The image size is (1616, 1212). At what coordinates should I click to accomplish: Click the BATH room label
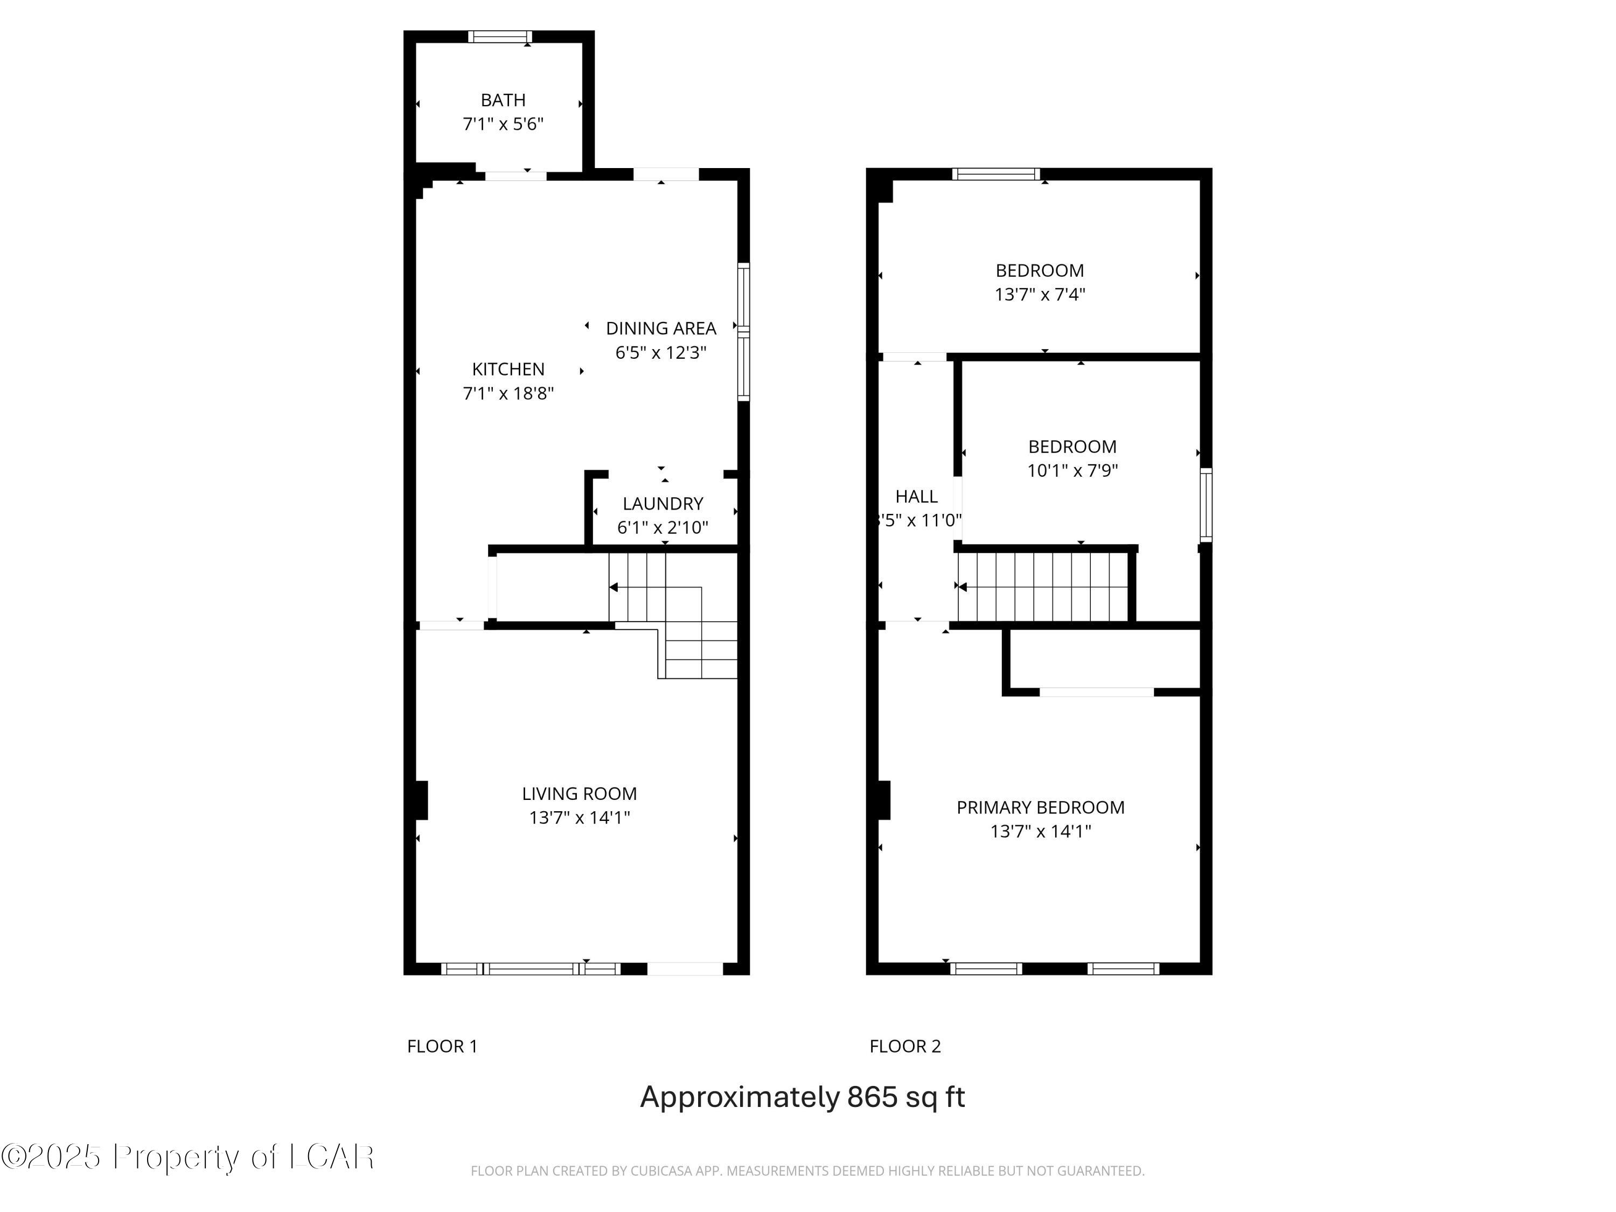pyautogui.click(x=503, y=100)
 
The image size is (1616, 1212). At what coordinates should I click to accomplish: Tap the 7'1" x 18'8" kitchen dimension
pyautogui.click(x=508, y=394)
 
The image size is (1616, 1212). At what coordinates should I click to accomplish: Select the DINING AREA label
pyautogui.click(x=660, y=329)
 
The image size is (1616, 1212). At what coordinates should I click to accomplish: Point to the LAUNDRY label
pyautogui.click(x=663, y=503)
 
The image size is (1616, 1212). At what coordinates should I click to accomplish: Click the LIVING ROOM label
pyautogui.click(x=579, y=793)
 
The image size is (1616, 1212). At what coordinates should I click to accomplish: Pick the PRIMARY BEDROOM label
pyautogui.click(x=1040, y=807)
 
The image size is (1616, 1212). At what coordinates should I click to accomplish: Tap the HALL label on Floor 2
pyautogui.click(x=916, y=497)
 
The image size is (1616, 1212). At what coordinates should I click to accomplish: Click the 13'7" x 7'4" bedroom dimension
pyautogui.click(x=1039, y=295)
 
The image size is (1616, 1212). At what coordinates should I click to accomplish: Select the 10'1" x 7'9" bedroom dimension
pyautogui.click(x=1072, y=470)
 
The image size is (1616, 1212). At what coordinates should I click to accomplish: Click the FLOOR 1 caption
pyautogui.click(x=442, y=1046)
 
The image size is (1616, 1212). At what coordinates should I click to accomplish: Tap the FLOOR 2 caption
pyautogui.click(x=904, y=1046)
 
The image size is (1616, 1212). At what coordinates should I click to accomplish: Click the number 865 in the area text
pyautogui.click(x=872, y=1097)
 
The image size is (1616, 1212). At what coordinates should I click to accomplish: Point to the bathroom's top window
pyautogui.click(x=500, y=37)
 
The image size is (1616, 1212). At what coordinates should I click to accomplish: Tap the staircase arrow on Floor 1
pyautogui.click(x=614, y=587)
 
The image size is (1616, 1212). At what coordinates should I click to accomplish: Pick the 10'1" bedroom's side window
pyautogui.click(x=1206, y=505)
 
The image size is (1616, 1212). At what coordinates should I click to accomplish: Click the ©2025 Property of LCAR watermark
pyautogui.click(x=188, y=1157)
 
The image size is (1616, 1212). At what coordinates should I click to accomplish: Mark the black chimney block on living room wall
pyautogui.click(x=420, y=800)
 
